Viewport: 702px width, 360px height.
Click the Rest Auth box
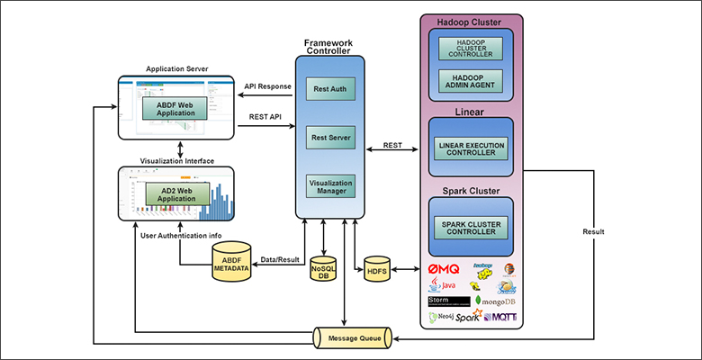[x=330, y=89]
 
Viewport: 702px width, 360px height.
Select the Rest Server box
[x=330, y=138]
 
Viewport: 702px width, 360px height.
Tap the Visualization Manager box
[x=330, y=186]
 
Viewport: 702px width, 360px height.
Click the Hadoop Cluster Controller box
[x=472, y=47]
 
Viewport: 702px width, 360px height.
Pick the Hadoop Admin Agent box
[x=472, y=81]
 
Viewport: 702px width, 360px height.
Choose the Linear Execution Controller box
[x=472, y=148]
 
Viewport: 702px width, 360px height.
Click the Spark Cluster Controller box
[x=472, y=227]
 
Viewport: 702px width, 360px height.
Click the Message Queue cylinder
[x=352, y=337]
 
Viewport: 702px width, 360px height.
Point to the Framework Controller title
[x=329, y=46]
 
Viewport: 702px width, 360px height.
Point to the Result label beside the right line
[x=593, y=231]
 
